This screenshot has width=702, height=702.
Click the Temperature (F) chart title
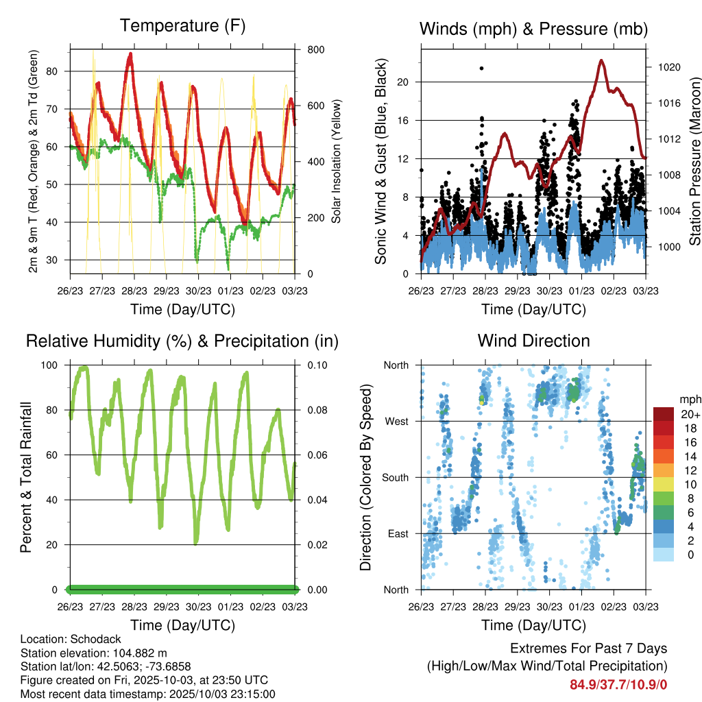click(x=182, y=26)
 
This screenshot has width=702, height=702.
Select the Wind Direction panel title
click(x=533, y=341)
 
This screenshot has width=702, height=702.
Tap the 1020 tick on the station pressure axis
click(x=667, y=68)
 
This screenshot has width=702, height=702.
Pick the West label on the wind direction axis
click(x=396, y=421)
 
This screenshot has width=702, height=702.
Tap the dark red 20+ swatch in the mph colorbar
click(x=664, y=414)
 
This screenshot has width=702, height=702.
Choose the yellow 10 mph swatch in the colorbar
click(x=664, y=484)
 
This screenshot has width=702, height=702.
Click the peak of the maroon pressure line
click(x=601, y=60)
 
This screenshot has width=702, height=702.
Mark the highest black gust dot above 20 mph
click(x=481, y=68)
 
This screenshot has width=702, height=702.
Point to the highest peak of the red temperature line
click(x=130, y=53)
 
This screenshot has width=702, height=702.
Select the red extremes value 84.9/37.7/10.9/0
click(x=618, y=684)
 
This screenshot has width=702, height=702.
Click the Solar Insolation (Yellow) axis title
click(x=336, y=161)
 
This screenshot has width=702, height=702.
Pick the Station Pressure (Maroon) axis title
click(x=694, y=161)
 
